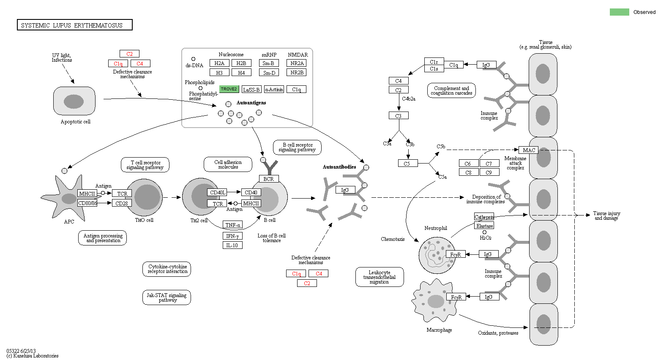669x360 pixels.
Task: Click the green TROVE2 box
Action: click(x=229, y=89)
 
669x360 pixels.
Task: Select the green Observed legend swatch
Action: click(x=619, y=12)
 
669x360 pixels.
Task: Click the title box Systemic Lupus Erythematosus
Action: click(x=74, y=25)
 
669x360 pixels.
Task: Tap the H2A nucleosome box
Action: click(x=219, y=63)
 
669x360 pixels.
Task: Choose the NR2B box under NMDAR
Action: click(x=297, y=73)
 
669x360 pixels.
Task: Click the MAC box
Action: click(x=528, y=150)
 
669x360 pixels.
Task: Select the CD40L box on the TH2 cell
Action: click(x=217, y=193)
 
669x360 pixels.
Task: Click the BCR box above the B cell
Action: click(x=268, y=179)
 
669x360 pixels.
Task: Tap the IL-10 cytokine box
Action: click(x=232, y=245)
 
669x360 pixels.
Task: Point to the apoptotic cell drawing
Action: click(x=74, y=101)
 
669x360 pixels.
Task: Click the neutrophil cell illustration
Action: click(x=437, y=255)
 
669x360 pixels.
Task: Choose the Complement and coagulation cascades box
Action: click(x=451, y=90)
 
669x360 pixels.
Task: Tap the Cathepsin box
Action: click(x=484, y=217)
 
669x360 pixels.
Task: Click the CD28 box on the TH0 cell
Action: click(x=122, y=203)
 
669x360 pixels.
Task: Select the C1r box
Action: click(x=434, y=62)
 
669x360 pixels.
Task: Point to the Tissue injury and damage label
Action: click(x=606, y=215)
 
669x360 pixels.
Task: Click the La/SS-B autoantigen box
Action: click(x=251, y=90)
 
